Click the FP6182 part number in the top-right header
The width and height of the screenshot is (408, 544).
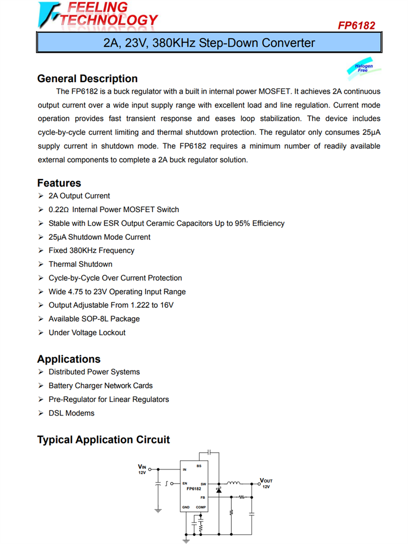click(x=356, y=26)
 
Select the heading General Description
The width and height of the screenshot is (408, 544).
click(x=87, y=79)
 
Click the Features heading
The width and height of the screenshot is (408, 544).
click(x=59, y=183)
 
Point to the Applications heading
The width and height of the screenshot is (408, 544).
click(x=69, y=359)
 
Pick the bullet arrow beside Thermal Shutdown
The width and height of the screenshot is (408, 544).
click(x=41, y=264)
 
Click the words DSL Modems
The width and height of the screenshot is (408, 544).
click(x=71, y=413)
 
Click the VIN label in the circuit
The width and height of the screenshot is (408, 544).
click(x=142, y=467)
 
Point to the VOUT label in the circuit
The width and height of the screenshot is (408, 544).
click(x=266, y=480)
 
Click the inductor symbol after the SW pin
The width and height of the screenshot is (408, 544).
click(x=233, y=483)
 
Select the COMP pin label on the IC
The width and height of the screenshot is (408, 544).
click(x=201, y=508)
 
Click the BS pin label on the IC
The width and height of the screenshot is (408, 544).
click(x=199, y=466)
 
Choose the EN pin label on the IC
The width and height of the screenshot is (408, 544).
click(x=185, y=483)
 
